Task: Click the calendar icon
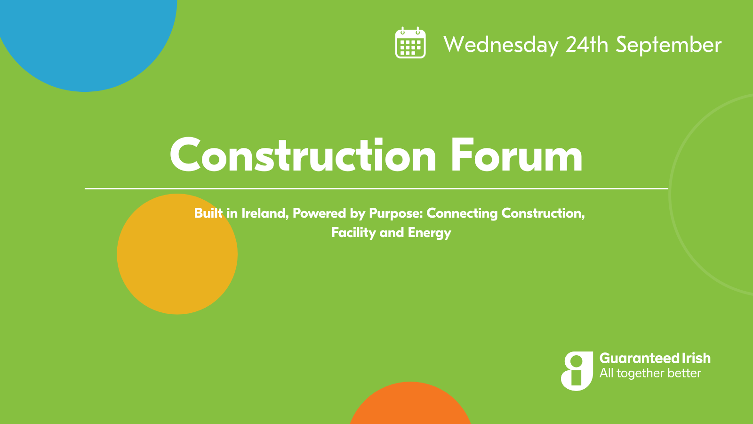(410, 43)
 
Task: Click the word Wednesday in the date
(501, 45)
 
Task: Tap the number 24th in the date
(587, 44)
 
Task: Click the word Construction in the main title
(303, 155)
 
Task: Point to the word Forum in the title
(517, 155)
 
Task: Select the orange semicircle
(410, 404)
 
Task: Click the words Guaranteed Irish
(655, 359)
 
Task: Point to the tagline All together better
(650, 373)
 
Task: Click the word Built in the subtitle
(208, 213)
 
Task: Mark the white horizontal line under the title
(376, 189)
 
